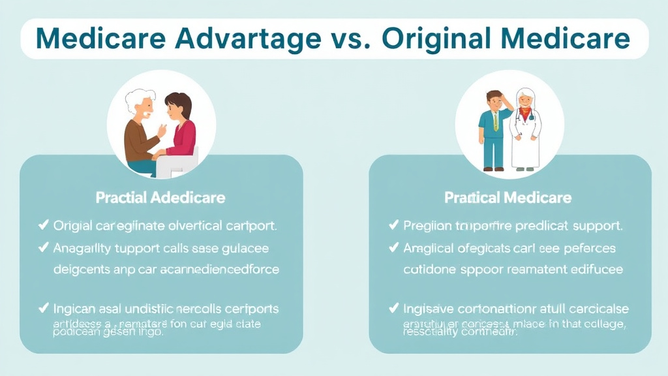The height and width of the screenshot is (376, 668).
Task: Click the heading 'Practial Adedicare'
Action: [x=160, y=197]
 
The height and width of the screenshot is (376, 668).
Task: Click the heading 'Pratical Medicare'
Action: [x=508, y=197]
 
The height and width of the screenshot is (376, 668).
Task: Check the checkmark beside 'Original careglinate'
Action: [x=44, y=226]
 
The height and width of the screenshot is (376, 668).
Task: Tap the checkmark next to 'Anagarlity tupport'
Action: [x=44, y=247]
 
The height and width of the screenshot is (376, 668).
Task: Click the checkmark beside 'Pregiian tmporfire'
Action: [x=393, y=226]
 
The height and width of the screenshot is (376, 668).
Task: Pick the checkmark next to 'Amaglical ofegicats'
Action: [x=393, y=247]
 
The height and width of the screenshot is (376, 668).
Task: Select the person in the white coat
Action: [x=525, y=131]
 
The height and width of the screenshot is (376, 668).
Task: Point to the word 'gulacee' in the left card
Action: [x=244, y=248]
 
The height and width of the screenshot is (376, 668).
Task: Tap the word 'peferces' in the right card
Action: [x=588, y=248]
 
